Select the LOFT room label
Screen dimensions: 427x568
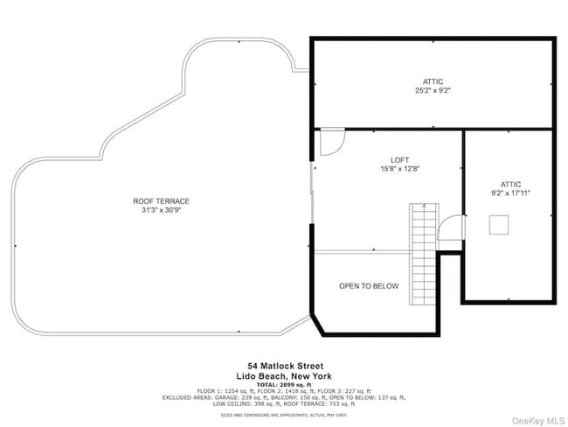click(399, 160)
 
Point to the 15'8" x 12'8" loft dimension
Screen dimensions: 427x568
click(399, 169)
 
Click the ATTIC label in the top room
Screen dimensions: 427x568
click(433, 81)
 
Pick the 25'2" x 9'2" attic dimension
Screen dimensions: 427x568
click(433, 90)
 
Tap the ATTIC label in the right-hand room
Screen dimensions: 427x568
click(510, 185)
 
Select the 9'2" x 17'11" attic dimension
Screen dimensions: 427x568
click(510, 193)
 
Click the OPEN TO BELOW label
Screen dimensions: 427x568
click(369, 286)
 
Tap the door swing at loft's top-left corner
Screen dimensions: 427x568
click(332, 142)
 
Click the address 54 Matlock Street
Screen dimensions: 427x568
click(285, 366)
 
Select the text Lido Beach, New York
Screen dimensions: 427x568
click(285, 374)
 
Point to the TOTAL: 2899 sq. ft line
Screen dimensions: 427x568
click(285, 384)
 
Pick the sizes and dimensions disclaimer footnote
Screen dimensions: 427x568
click(285, 415)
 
